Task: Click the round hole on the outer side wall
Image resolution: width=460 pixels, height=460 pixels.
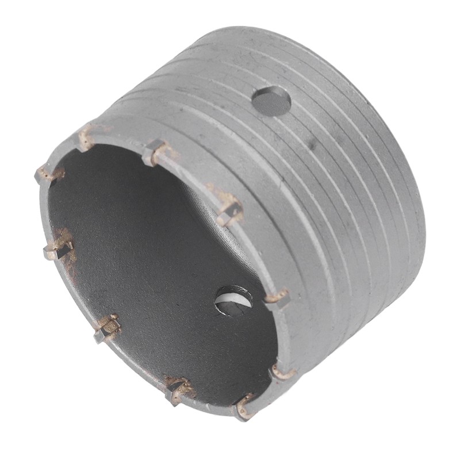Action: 271,100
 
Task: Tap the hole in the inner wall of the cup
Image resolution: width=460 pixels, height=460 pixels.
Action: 233,301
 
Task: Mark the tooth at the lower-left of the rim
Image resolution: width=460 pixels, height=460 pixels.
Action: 107,328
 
